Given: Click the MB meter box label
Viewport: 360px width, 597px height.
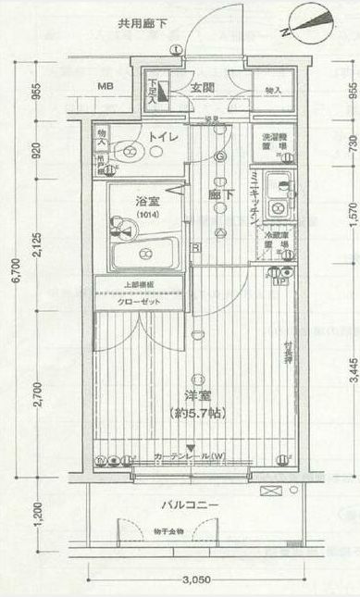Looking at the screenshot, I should [107, 88].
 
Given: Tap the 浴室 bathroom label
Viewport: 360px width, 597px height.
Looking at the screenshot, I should [146, 201].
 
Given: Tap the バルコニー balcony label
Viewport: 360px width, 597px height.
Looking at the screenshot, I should [189, 505].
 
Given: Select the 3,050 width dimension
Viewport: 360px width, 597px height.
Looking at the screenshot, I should [193, 579].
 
